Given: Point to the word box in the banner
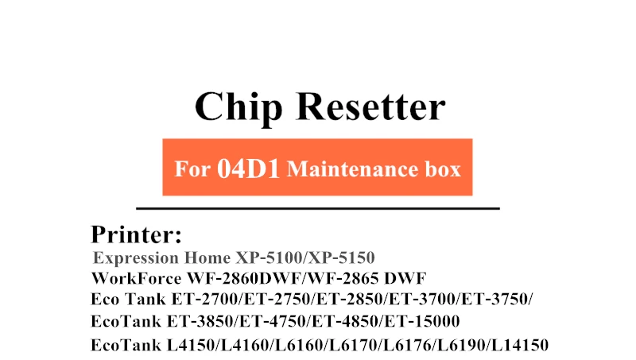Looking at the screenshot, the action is [438, 169].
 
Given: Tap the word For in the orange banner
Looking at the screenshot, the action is [192, 169].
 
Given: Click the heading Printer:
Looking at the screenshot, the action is [137, 234].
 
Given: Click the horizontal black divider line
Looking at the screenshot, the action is [318, 208].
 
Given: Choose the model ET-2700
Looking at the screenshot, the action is [202, 300].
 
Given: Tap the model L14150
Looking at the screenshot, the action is [519, 345].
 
